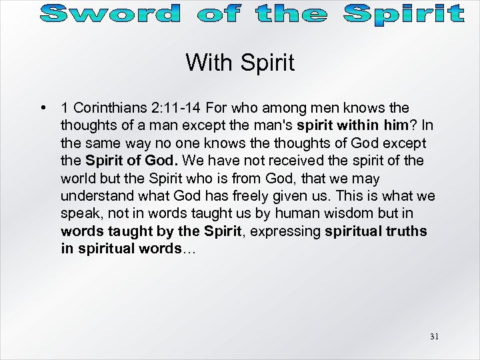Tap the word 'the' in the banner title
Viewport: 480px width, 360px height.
tap(291, 13)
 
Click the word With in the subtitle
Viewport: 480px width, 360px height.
tap(207, 63)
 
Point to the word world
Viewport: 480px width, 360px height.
tap(79, 179)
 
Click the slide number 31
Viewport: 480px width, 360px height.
tap(434, 337)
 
